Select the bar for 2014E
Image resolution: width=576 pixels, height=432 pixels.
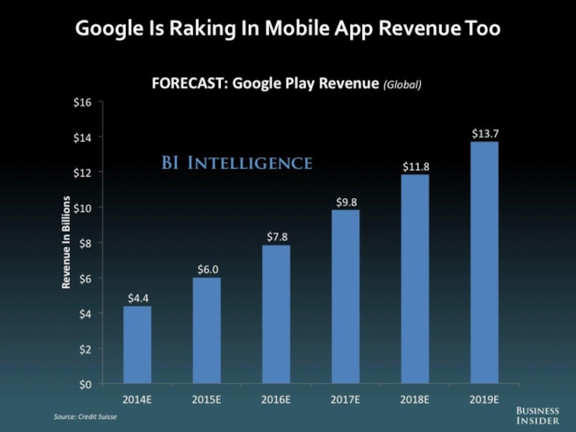click(x=137, y=345)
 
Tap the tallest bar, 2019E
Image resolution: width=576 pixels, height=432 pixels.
click(x=484, y=263)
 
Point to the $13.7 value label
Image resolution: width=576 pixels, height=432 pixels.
click(x=484, y=133)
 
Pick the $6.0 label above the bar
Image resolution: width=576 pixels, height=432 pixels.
click(x=208, y=269)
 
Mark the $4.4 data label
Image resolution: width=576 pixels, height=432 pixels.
click(x=138, y=297)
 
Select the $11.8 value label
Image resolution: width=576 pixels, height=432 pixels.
click(x=415, y=166)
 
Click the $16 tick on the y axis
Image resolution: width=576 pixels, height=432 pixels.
click(x=83, y=102)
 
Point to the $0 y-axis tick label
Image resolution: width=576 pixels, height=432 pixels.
click(x=85, y=384)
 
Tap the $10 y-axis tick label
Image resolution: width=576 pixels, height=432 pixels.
click(x=83, y=208)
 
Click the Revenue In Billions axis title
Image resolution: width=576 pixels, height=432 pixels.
click(x=66, y=243)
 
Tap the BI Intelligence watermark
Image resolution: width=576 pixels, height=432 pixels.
click(x=236, y=163)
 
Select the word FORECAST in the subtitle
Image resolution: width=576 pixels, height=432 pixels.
click(x=187, y=84)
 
